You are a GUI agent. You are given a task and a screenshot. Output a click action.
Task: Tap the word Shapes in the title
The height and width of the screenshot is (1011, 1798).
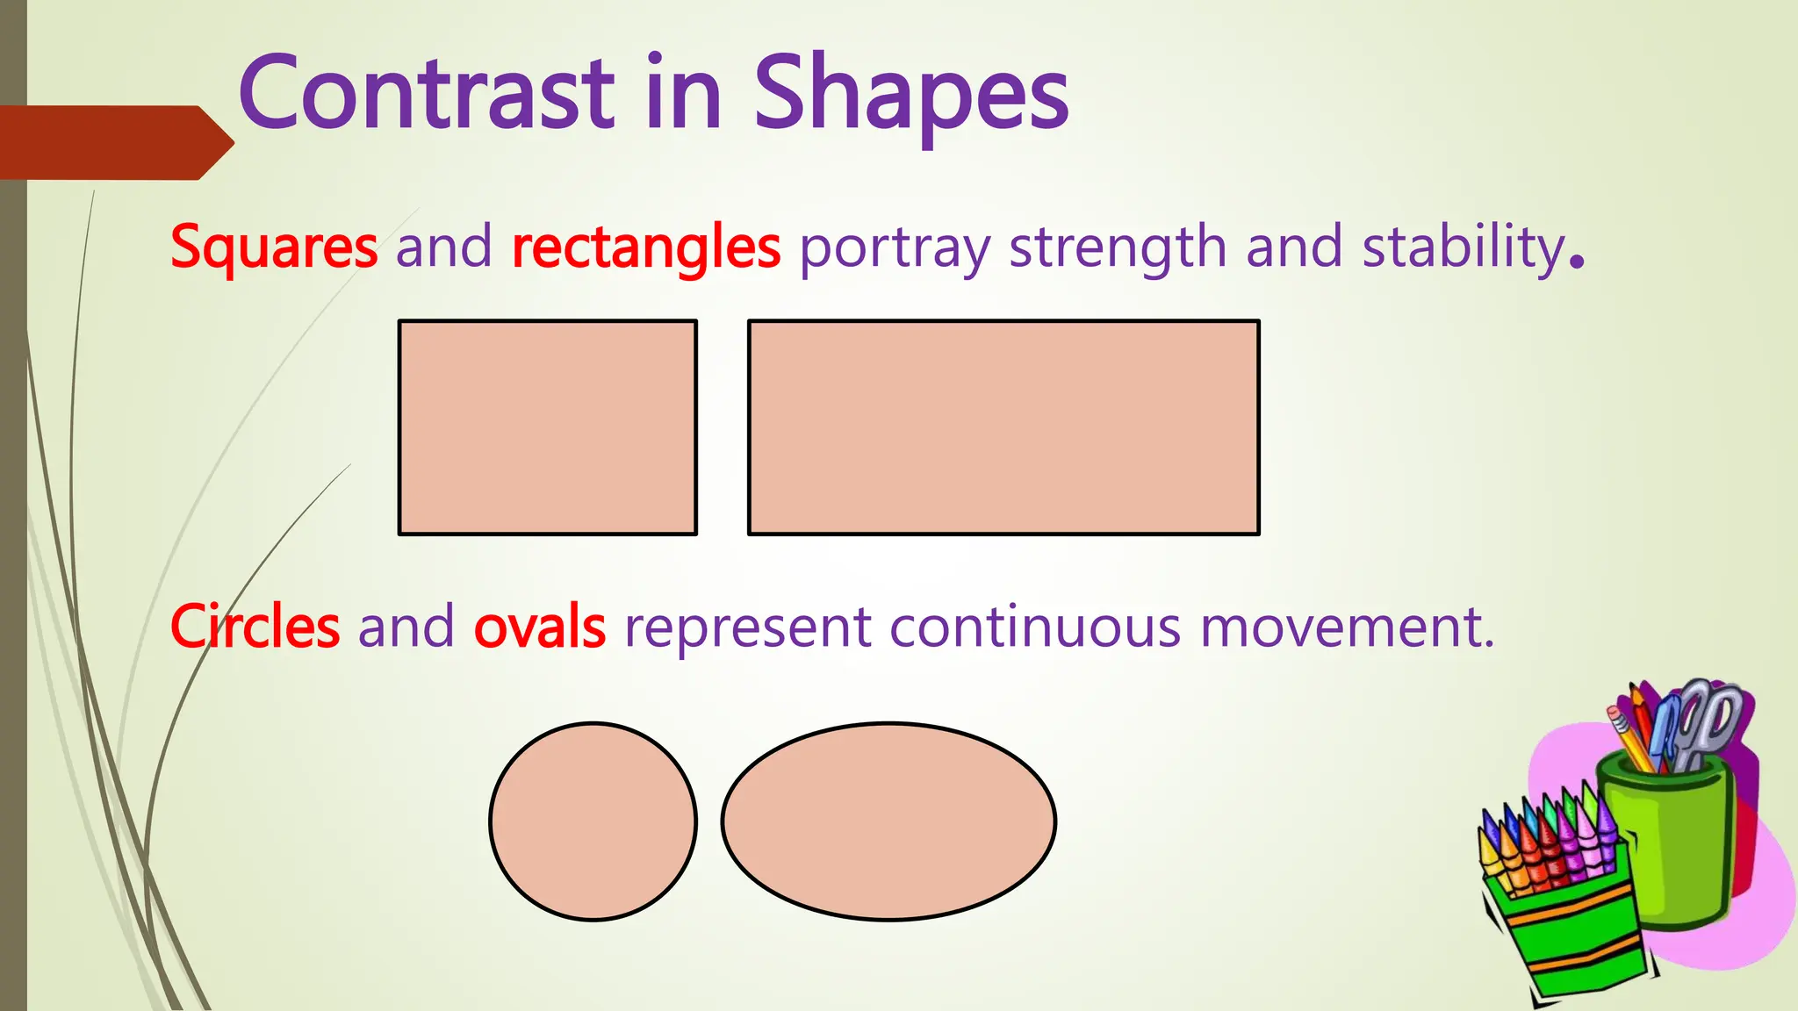coord(911,93)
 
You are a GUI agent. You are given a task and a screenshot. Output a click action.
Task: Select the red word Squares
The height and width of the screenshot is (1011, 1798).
coord(274,247)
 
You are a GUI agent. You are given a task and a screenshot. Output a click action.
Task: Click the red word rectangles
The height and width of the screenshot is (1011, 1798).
coord(646,247)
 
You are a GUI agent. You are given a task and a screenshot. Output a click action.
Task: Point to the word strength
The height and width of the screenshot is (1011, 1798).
coord(1117,247)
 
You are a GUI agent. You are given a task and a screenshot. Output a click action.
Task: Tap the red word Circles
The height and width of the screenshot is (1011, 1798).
coord(255,627)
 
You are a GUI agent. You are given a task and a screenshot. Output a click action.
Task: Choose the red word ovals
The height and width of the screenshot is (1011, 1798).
coord(539,627)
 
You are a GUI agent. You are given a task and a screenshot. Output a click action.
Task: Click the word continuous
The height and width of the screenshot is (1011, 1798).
coord(1035,628)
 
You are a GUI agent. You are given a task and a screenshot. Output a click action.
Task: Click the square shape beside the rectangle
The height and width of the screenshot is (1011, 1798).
coord(548,427)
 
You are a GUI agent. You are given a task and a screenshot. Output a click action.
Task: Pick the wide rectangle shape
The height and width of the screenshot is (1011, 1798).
coord(1003,427)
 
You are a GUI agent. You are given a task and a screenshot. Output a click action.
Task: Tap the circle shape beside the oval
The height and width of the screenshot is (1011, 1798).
coord(593,821)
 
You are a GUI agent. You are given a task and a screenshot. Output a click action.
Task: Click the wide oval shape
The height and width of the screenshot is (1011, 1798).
coord(888,821)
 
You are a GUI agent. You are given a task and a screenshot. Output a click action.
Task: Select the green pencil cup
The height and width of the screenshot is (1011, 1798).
coord(1668,842)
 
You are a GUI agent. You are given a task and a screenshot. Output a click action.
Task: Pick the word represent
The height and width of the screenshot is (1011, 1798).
coord(747,628)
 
